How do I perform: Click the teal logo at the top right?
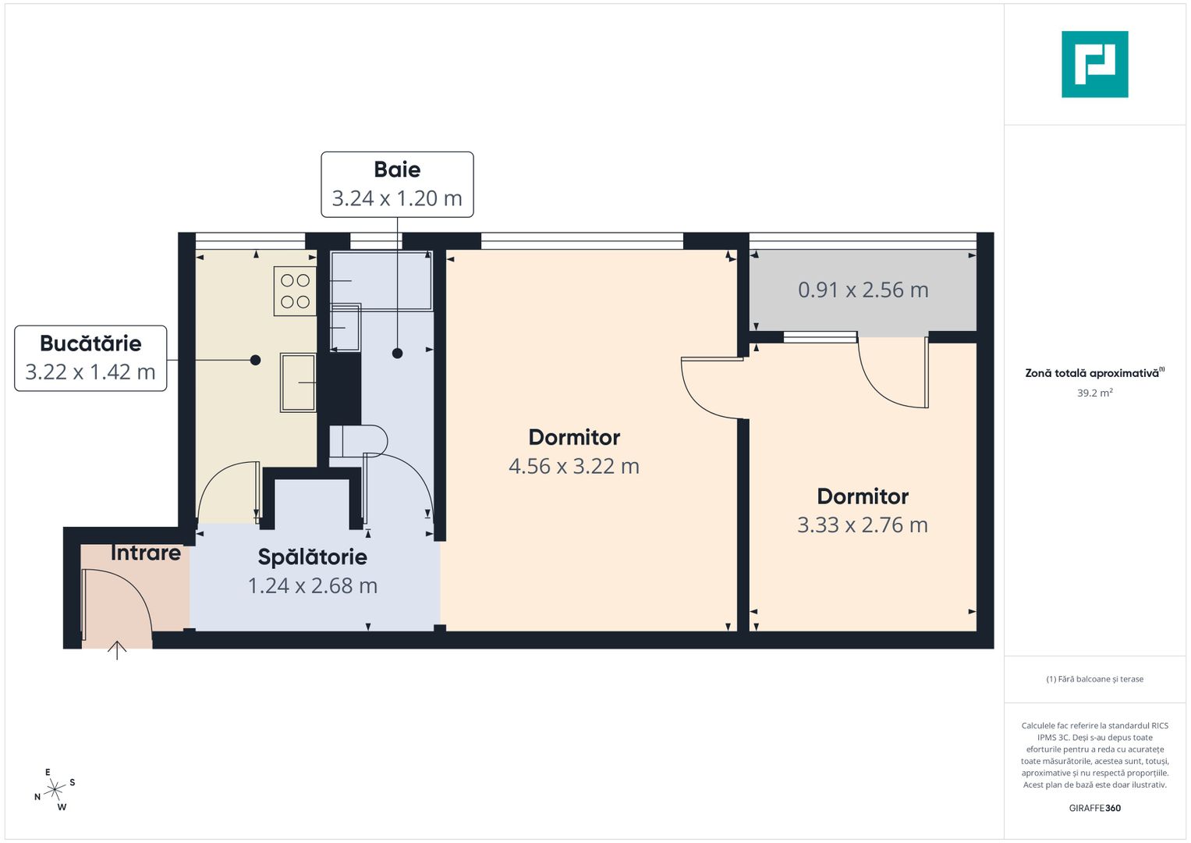[1094, 64]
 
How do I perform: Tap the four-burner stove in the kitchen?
[295, 291]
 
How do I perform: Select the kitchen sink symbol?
[298, 382]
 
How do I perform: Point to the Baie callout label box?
[397, 184]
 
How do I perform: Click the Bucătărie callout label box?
[90, 358]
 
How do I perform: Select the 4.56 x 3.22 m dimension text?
[574, 466]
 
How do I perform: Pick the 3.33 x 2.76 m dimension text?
[863, 525]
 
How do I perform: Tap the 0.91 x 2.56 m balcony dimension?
[863, 290]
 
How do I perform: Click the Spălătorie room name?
[312, 557]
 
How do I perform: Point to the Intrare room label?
[146, 553]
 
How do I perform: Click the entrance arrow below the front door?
[117, 649]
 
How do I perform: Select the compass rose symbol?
[55, 790]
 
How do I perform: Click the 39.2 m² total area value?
[1094, 393]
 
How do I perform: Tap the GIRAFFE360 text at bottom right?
[1094, 808]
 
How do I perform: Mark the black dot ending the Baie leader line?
[397, 354]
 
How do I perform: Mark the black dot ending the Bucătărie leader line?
[255, 360]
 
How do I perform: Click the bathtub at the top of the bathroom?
[381, 280]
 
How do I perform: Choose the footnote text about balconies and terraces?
[1094, 679]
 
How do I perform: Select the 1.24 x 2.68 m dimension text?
[312, 585]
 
